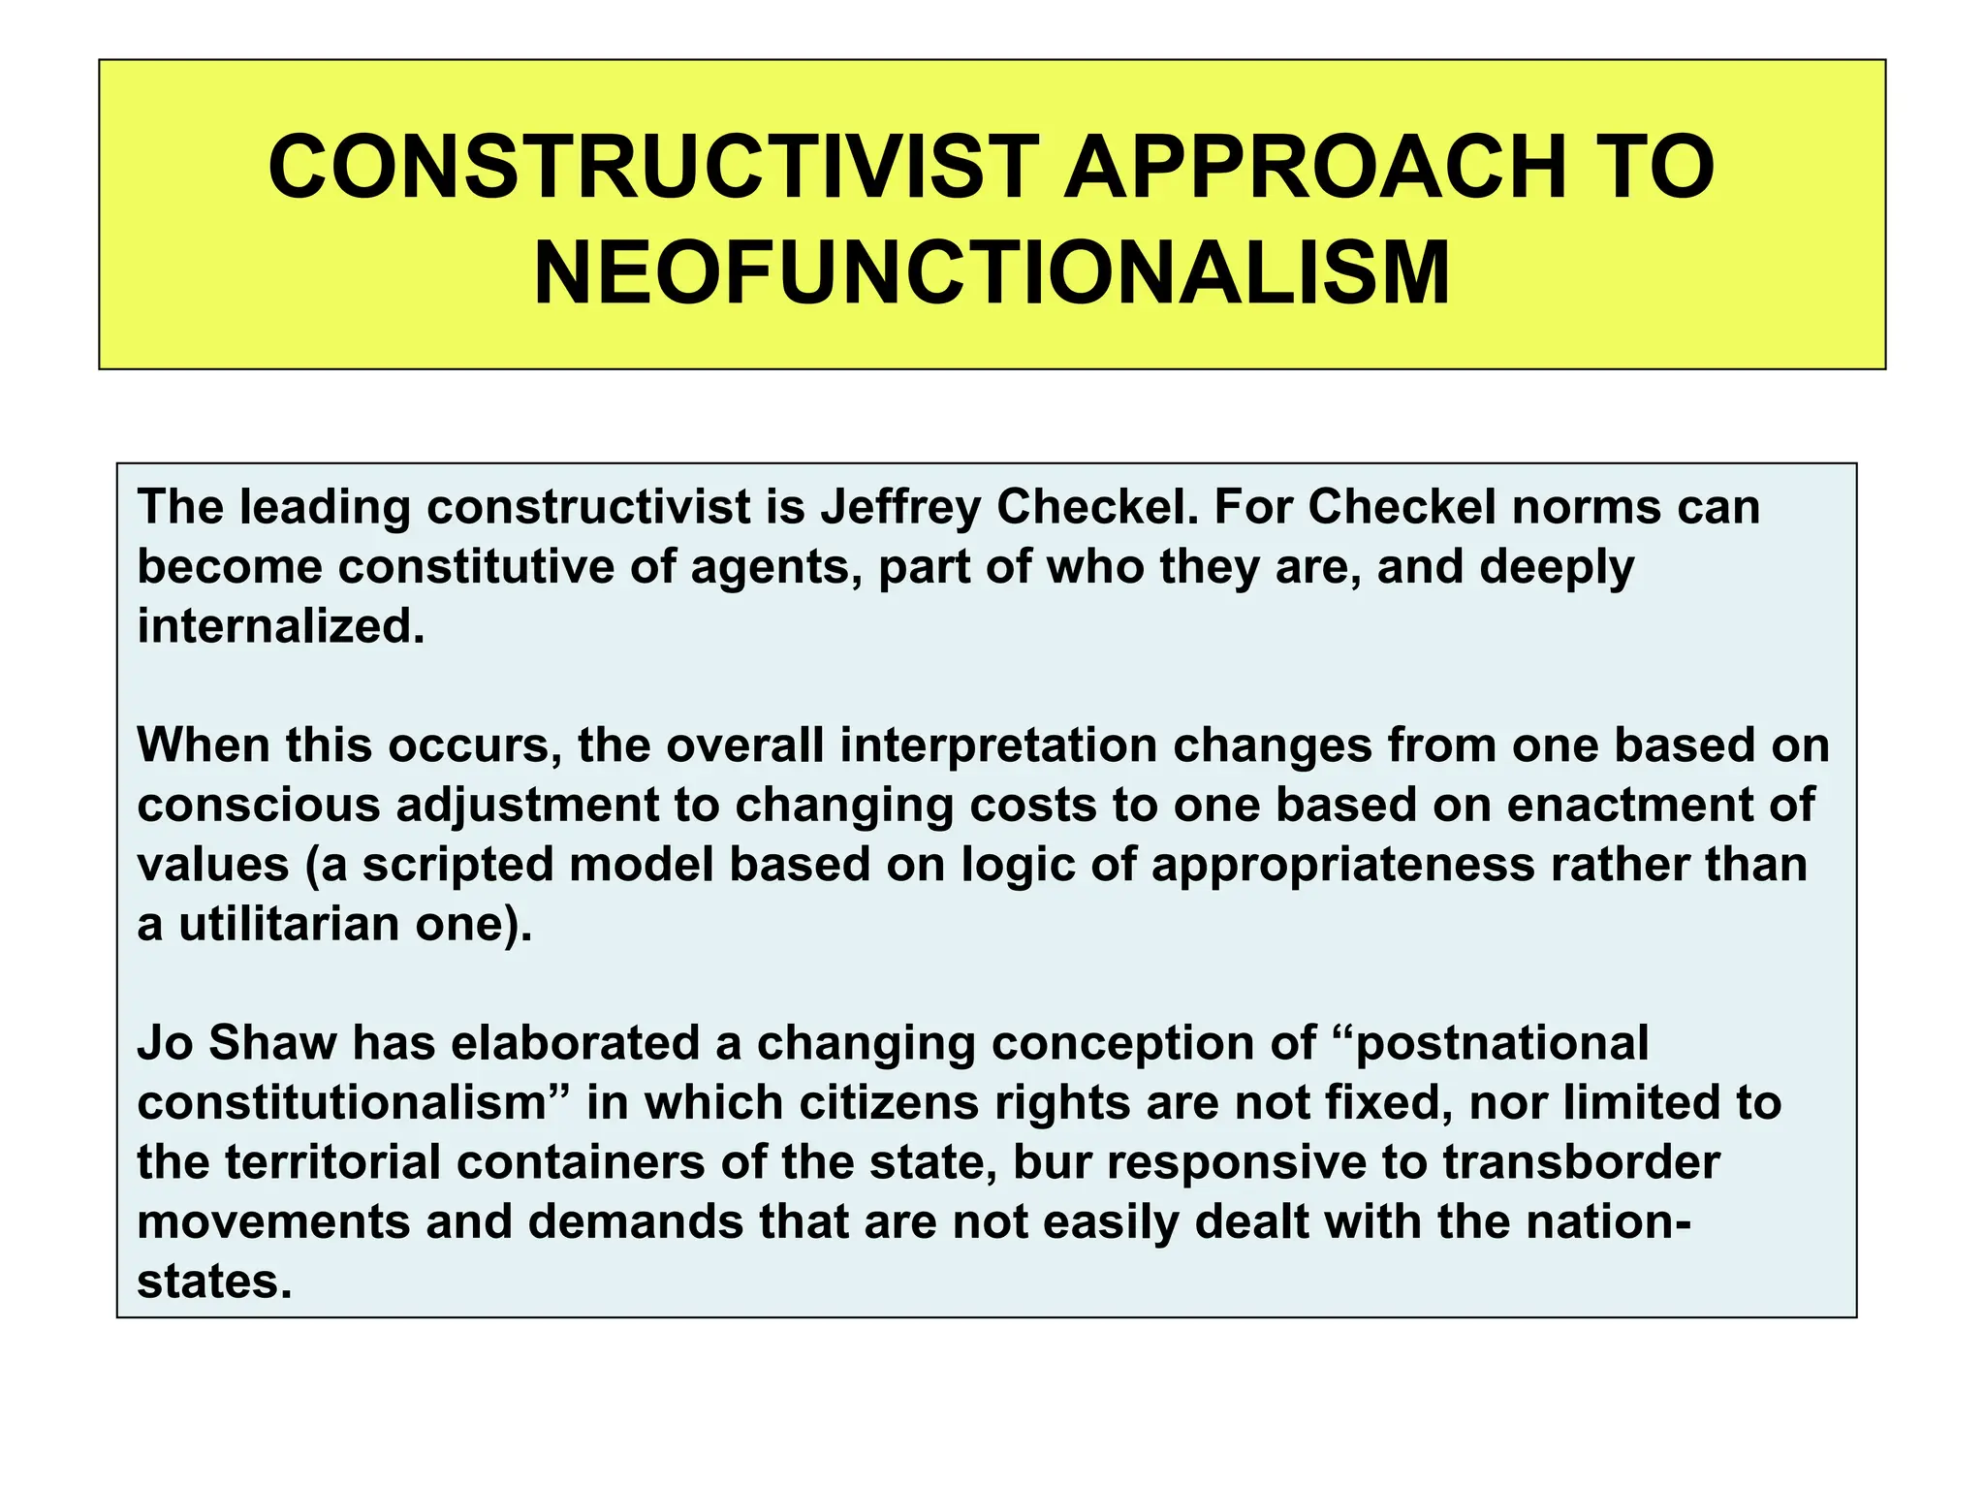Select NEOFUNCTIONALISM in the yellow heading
tap(992, 272)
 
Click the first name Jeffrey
tap(900, 507)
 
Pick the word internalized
tap(280, 626)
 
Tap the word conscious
tap(258, 806)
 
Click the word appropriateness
tap(1343, 865)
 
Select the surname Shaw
tap(272, 1043)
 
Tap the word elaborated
tap(576, 1043)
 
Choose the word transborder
tap(1581, 1162)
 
